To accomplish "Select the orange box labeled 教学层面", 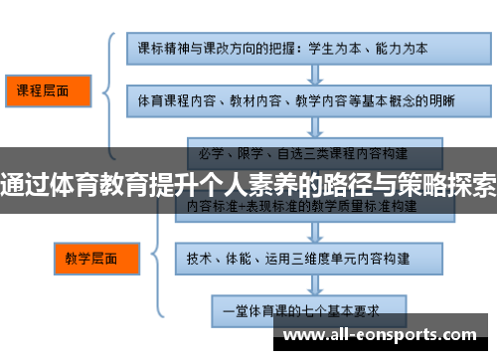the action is pyautogui.click(x=90, y=258).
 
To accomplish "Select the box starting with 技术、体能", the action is pyautogui.click(x=307, y=258).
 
